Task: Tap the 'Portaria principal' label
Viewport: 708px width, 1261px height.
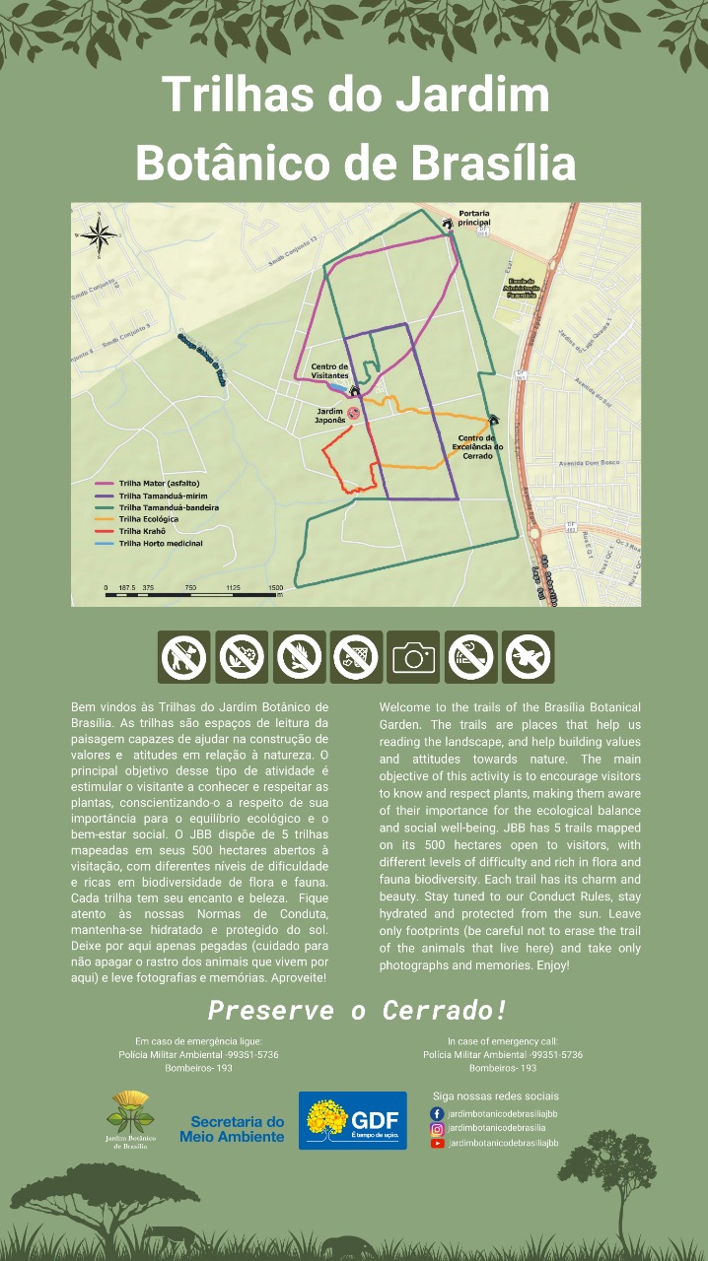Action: [474, 218]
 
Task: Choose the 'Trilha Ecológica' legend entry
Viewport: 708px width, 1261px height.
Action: [148, 519]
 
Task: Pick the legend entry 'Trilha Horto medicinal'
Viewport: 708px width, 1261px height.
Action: [160, 544]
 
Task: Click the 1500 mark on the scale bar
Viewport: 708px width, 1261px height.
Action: [275, 586]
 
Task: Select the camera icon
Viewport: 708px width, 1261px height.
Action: [413, 657]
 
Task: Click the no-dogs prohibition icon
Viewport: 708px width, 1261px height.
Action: [184, 657]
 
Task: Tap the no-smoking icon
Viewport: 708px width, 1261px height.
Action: [470, 657]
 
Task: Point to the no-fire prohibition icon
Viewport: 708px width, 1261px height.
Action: [299, 657]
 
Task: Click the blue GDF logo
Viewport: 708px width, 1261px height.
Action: [352, 1120]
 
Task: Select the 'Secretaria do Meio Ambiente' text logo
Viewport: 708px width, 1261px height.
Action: [232, 1129]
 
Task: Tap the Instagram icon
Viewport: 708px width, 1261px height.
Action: [437, 1128]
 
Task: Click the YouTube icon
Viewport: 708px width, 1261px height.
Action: [437, 1143]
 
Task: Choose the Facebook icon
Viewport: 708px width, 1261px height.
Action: [437, 1113]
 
